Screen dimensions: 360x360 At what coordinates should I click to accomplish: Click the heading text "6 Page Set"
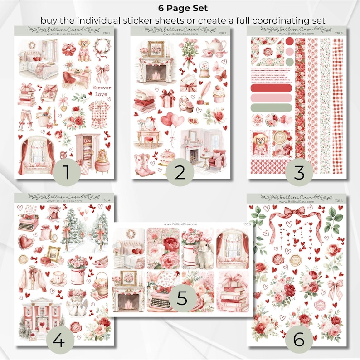pyautogui.click(x=180, y=8)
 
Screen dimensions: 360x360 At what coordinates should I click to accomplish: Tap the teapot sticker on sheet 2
pyautogui.click(x=213, y=46)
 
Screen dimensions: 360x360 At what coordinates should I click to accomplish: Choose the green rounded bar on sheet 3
pyautogui.click(x=271, y=108)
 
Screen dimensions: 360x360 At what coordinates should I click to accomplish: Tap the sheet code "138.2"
pyautogui.click(x=223, y=33)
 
